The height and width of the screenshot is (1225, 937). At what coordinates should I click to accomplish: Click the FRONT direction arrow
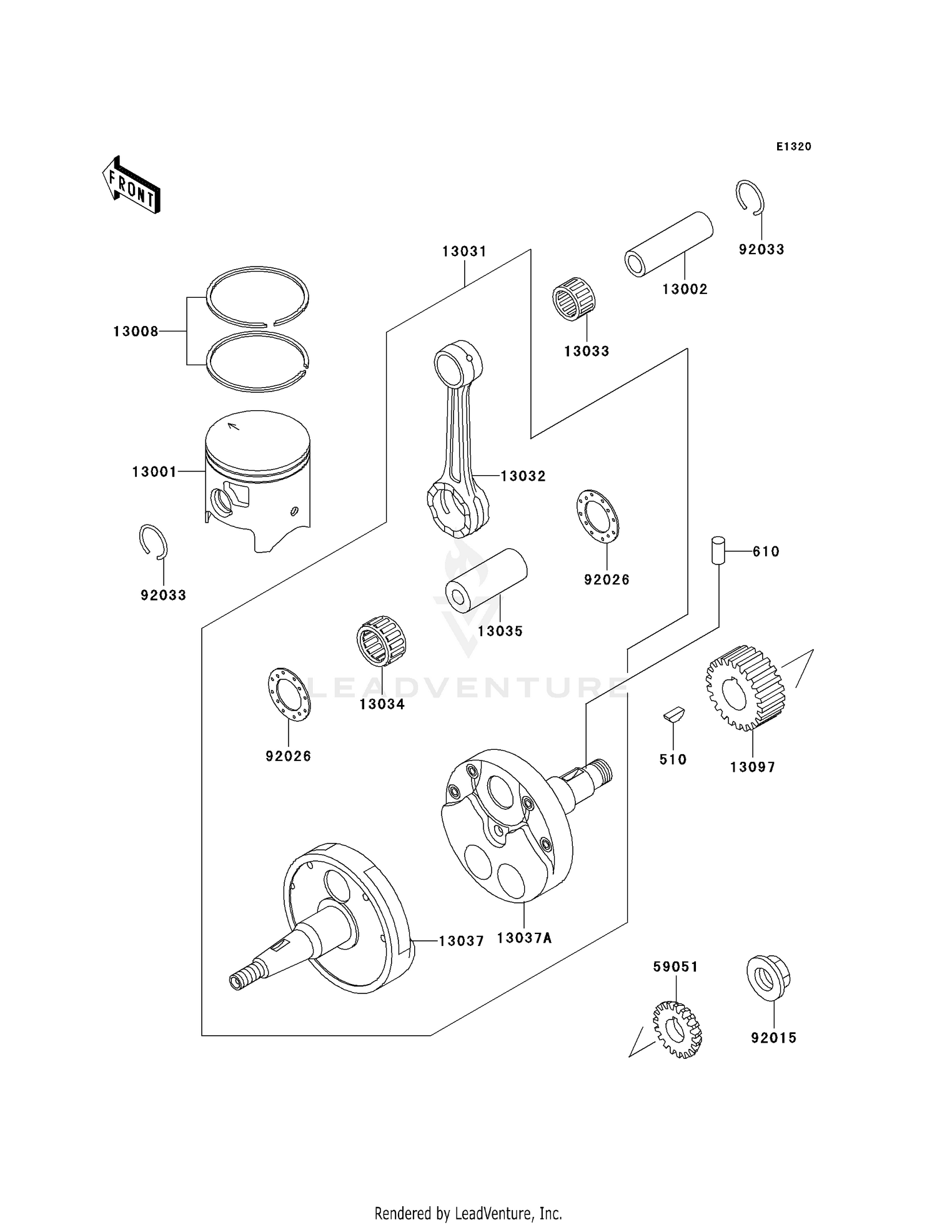pos(132,185)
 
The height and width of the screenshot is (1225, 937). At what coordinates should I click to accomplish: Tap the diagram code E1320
pos(793,147)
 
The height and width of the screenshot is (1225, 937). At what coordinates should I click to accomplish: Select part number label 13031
pos(464,252)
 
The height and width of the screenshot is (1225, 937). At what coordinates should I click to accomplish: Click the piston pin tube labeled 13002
pos(669,244)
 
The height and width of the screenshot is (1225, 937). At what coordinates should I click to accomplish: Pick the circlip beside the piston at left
pos(153,540)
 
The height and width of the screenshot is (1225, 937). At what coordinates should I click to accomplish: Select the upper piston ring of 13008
pos(258,296)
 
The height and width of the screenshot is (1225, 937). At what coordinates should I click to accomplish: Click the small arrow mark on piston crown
pos(234,426)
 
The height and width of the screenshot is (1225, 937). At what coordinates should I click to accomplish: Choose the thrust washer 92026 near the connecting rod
pos(597,516)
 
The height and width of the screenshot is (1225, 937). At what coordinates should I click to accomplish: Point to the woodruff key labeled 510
pos(674,715)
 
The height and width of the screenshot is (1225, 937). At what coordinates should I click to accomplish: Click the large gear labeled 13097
pos(745,688)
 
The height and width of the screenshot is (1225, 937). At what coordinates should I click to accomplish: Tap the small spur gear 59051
pos(677,1029)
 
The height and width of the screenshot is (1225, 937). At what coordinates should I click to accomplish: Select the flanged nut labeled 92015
pos(768,977)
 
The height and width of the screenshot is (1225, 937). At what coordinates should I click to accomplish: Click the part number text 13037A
pos(524,938)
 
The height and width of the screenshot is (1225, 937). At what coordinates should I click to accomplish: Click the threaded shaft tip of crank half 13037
pos(241,980)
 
